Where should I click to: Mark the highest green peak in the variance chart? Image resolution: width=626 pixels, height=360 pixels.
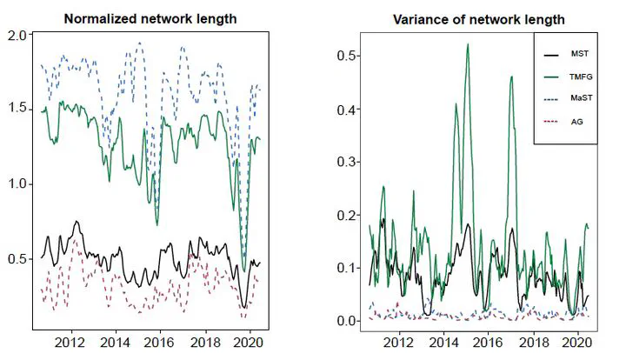(468, 44)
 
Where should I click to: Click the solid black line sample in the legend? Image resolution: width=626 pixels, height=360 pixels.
(551, 53)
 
